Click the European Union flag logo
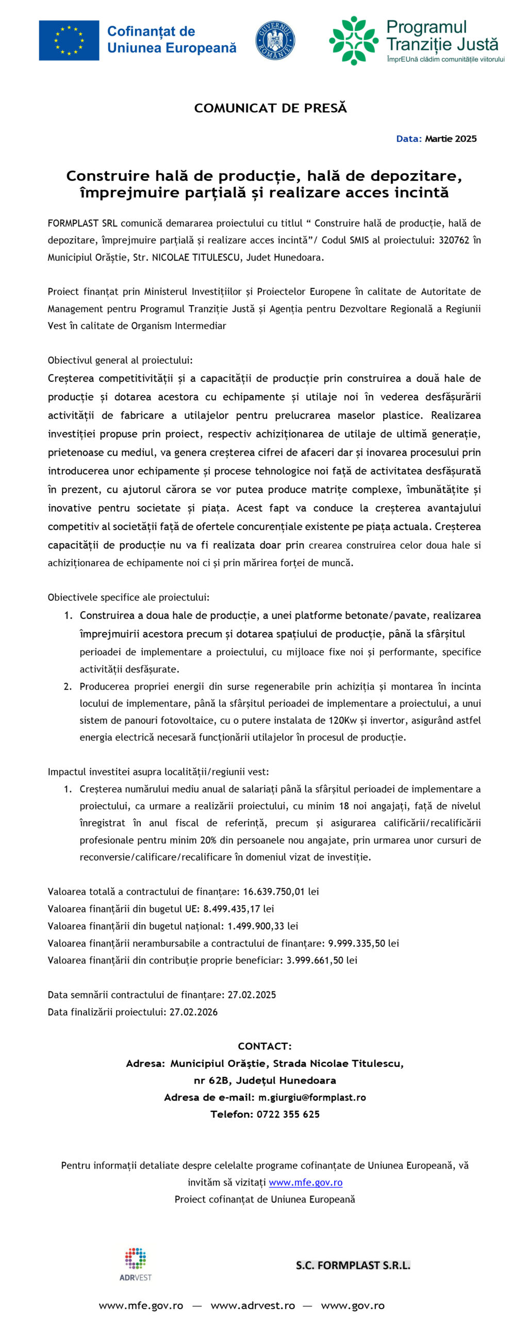(69, 40)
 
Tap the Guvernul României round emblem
(275, 40)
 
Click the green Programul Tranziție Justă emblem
(354, 40)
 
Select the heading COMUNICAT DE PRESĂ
(270, 108)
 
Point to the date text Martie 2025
(451, 139)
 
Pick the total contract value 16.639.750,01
(274, 891)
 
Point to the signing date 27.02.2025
(252, 994)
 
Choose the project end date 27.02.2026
(193, 1012)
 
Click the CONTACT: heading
(264, 1046)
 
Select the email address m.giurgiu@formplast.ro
(312, 1097)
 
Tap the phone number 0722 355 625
(288, 1114)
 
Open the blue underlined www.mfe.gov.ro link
(305, 1182)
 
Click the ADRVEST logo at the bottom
(136, 1264)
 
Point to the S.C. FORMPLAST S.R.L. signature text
(353, 1265)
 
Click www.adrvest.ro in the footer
(253, 1305)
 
